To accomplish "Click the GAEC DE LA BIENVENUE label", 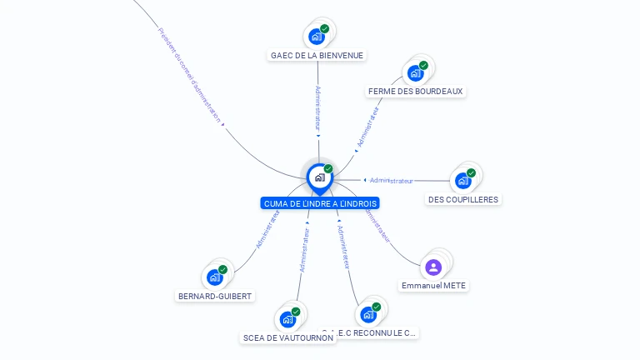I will (317, 56).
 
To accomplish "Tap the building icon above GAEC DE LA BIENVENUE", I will (316, 36).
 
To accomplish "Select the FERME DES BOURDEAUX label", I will (415, 92).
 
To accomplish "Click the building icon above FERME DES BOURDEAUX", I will (415, 72).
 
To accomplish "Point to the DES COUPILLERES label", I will (463, 200).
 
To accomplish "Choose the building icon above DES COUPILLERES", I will (462, 180).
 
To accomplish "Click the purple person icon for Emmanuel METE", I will (432, 267).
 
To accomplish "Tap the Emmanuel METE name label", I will (433, 286).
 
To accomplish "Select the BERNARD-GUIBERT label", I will (215, 296).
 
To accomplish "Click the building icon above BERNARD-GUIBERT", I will (214, 277).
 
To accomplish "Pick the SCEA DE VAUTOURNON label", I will (287, 338).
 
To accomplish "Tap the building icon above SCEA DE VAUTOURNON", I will (287, 319).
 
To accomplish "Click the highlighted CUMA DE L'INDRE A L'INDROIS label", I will (320, 203).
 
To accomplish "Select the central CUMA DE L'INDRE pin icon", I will (319, 177).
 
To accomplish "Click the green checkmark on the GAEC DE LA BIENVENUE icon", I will (325, 28).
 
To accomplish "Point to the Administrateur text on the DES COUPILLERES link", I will (392, 181).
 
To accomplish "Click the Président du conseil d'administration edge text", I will (190, 75).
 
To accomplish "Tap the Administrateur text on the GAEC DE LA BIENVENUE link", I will (318, 107).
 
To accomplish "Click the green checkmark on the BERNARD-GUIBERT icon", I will (222, 269).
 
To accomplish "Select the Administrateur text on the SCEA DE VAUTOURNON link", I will (304, 250).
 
